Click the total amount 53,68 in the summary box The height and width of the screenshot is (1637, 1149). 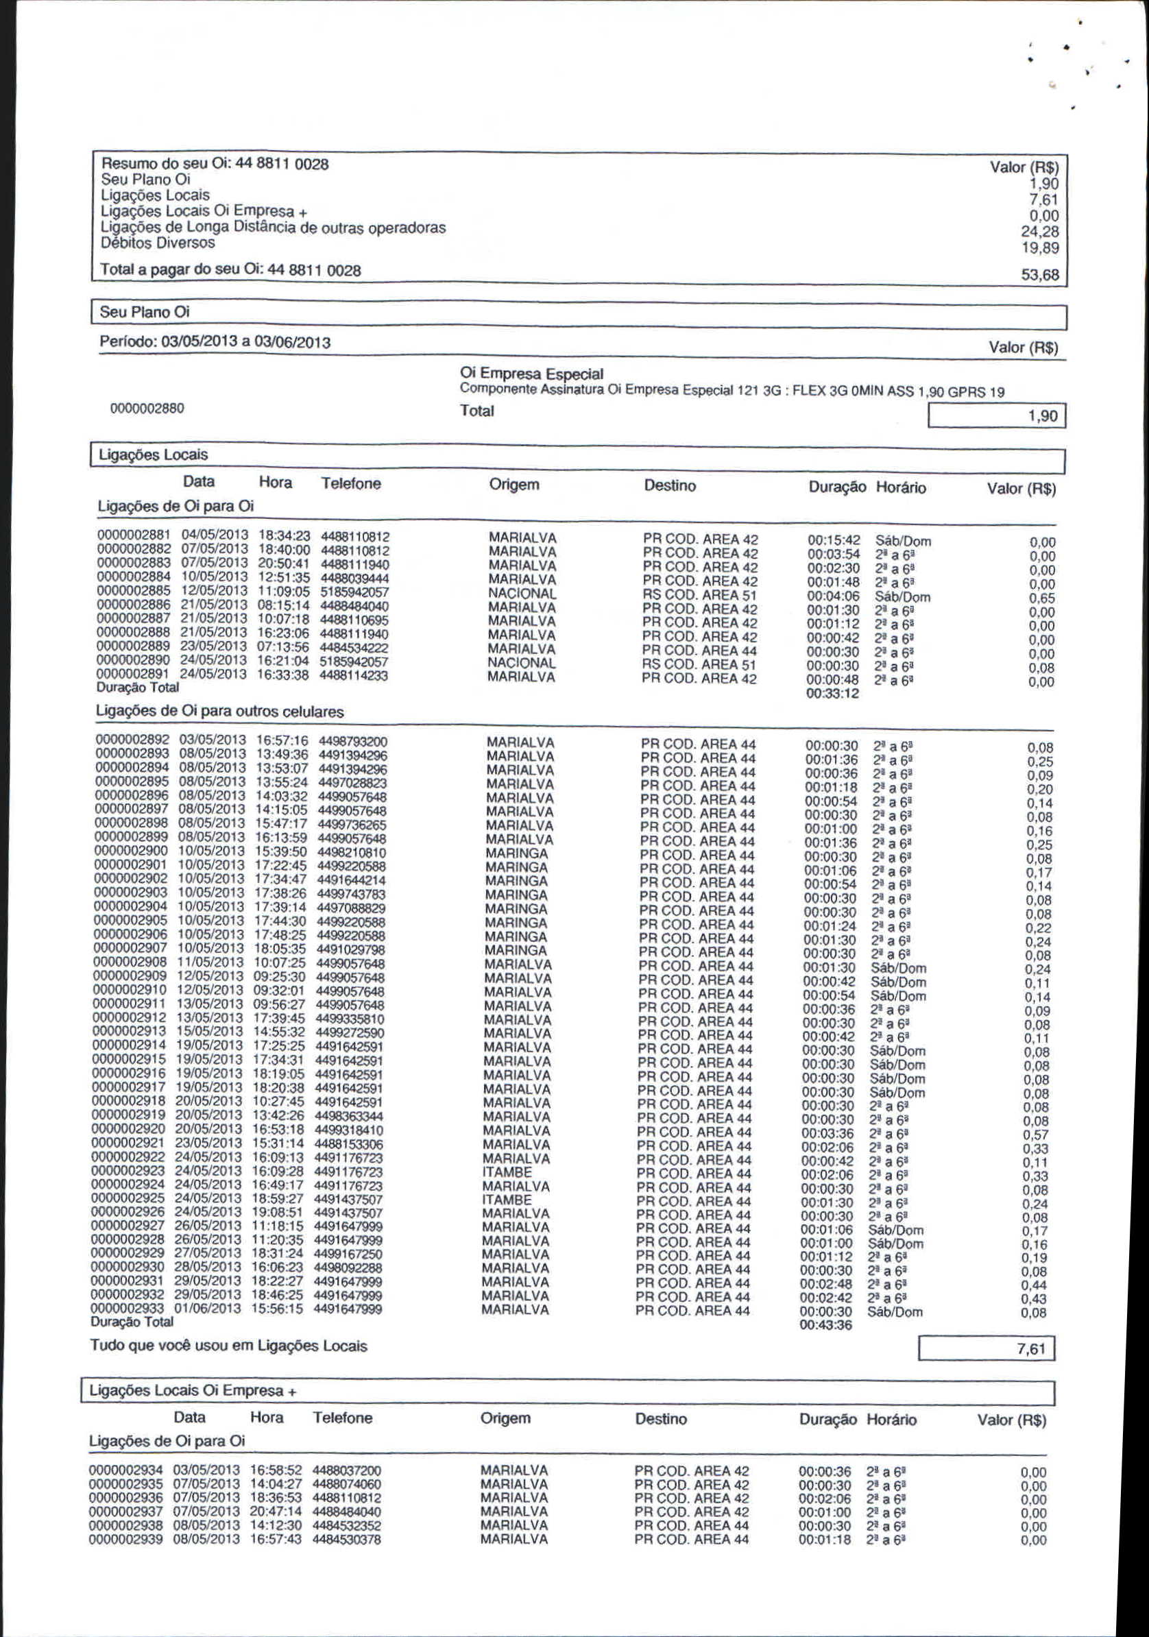coord(1040,274)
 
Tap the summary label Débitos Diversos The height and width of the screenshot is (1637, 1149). coord(158,243)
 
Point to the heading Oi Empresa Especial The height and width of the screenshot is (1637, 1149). coord(531,374)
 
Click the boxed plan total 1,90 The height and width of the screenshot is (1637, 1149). coord(1042,415)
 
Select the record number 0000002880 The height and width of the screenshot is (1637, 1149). coord(147,409)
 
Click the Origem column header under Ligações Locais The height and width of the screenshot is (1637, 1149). coord(513,485)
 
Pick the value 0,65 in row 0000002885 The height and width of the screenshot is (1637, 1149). coord(1041,598)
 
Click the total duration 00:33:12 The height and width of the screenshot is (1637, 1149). coord(833,694)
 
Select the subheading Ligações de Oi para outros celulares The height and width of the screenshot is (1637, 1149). coord(219,712)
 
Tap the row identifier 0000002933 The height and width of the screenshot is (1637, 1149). coord(128,1309)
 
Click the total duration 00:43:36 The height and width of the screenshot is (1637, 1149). coord(826,1324)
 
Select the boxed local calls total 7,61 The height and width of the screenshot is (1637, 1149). coord(1031,1348)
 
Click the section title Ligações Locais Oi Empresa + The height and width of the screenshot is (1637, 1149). coord(193,1391)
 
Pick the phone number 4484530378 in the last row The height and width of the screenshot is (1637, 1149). coord(346,1540)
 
